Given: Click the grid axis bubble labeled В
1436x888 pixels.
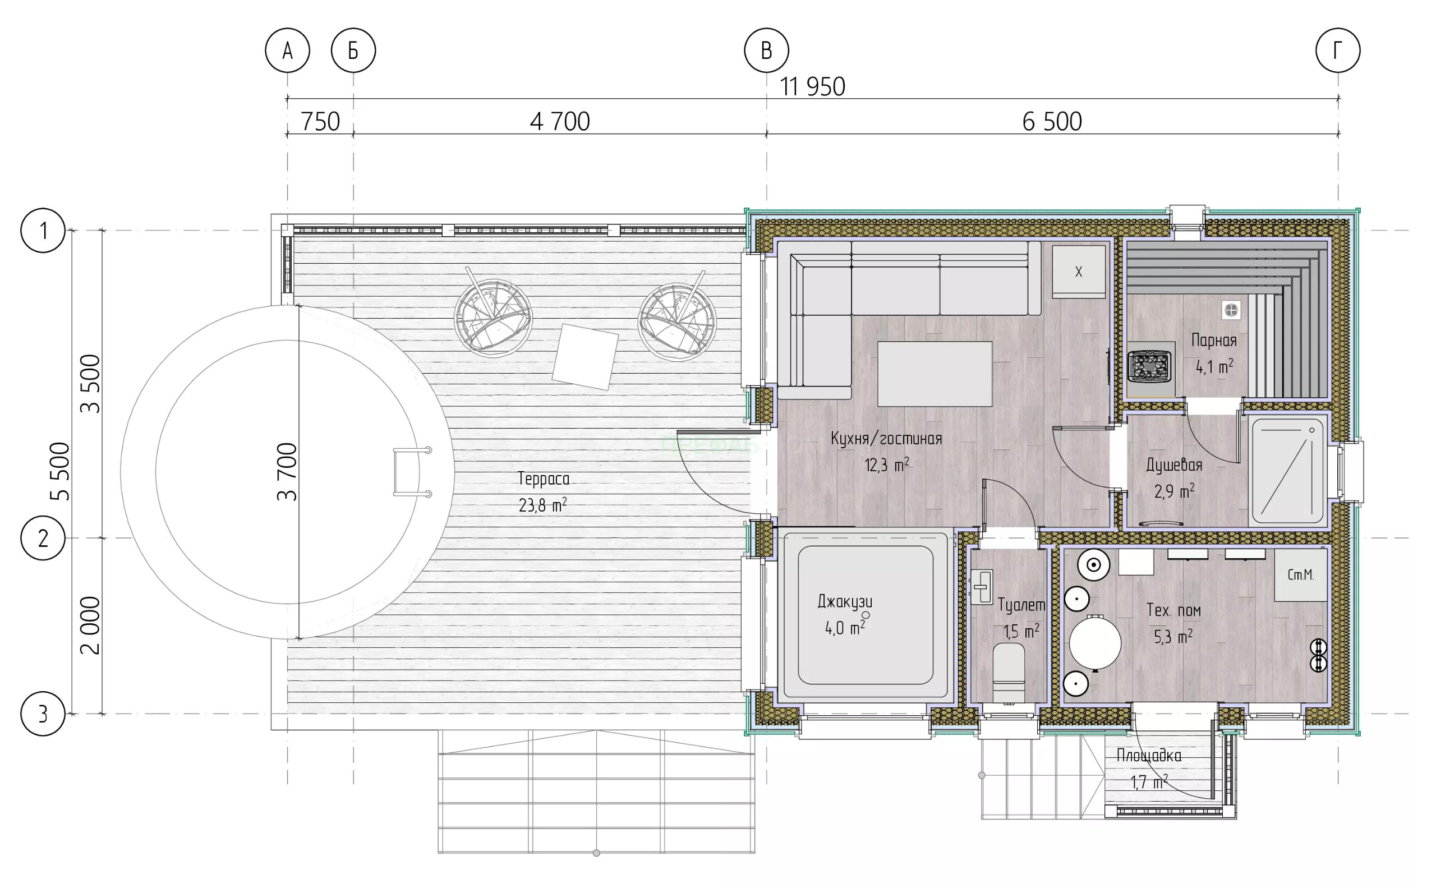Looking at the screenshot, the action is coord(766,50).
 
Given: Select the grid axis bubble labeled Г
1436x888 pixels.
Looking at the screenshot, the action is coord(1338,50).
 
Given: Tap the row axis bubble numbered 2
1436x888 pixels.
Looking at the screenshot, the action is coord(43,538).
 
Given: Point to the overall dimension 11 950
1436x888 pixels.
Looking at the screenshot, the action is coord(812,87).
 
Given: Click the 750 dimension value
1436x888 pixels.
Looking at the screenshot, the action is coord(320,122).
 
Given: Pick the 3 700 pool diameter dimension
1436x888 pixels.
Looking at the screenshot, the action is coord(287,472).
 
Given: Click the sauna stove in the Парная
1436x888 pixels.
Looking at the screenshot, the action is coord(1149,366).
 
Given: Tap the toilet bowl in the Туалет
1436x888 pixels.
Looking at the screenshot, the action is coord(1009,673).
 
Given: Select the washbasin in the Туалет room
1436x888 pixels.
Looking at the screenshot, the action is coord(982,586).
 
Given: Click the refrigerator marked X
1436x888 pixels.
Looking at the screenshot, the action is coord(1078,272).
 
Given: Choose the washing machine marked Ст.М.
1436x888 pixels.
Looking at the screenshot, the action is coord(1300,575).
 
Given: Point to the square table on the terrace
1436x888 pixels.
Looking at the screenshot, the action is coord(585,357).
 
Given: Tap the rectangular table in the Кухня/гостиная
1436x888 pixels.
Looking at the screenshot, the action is coord(935,374).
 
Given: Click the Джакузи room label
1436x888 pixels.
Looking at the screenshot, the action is coord(845,601).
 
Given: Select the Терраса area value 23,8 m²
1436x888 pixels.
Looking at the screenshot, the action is coord(542,505).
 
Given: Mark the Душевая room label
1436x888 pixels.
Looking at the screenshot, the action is coord(1174,465).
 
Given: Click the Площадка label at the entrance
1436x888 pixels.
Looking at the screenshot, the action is coord(1149,755).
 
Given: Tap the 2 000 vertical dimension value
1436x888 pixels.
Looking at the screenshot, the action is coord(90,625).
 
